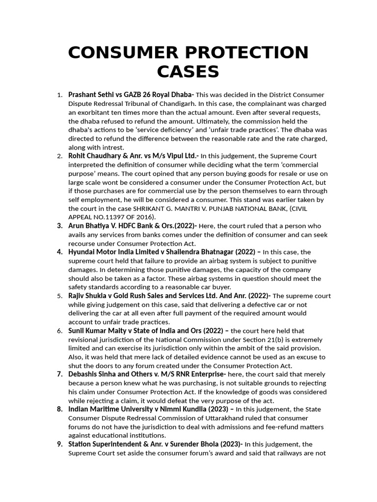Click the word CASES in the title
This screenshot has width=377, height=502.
click(188, 72)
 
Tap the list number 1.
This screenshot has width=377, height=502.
click(59, 95)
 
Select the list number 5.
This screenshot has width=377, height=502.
click(59, 296)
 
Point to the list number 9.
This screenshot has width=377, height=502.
click(59, 444)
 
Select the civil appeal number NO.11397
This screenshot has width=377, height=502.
click(113, 217)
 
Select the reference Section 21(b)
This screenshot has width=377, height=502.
click(239, 340)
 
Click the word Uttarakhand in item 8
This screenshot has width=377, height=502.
click(215, 418)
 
